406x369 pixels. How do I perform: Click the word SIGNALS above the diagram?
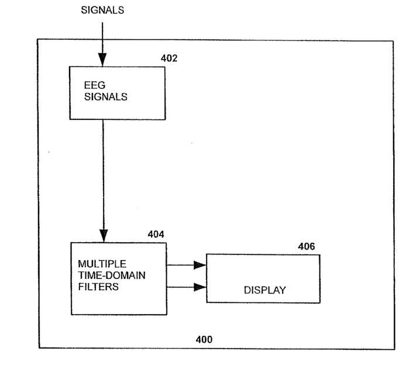click(x=102, y=10)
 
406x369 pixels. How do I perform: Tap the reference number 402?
click(x=169, y=58)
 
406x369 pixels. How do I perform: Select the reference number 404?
click(x=156, y=234)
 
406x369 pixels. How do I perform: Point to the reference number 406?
click(x=306, y=247)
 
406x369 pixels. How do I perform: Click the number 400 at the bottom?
click(x=204, y=339)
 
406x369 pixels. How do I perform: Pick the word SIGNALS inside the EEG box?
click(x=106, y=98)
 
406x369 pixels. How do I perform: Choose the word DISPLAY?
click(x=264, y=289)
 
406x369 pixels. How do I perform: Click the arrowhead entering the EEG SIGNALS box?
click(x=102, y=60)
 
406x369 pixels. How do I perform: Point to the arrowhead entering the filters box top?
click(x=103, y=236)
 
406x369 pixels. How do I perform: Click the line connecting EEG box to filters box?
click(x=103, y=175)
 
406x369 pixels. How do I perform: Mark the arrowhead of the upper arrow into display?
click(x=200, y=265)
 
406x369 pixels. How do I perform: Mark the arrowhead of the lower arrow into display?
click(x=200, y=287)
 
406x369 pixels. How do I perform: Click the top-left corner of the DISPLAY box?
click(x=207, y=255)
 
